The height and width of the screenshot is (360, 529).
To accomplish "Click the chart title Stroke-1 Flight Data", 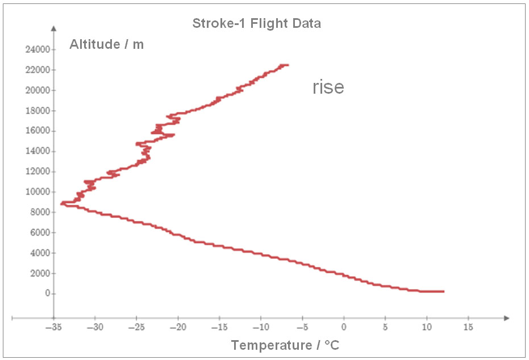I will click(256, 23).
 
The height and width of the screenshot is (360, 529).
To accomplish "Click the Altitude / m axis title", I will click(106, 44).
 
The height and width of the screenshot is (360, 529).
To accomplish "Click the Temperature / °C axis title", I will click(285, 345).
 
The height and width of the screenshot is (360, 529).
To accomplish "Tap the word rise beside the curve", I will click(328, 87).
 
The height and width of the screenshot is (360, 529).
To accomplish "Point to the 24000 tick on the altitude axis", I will click(37, 49).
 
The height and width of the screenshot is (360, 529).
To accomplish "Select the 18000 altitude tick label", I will click(37, 111).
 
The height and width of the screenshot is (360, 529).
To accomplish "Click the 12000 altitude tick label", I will click(37, 171).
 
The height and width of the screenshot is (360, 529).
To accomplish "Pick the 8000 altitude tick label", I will click(39, 212).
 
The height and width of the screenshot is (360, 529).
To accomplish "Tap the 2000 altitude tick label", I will click(39, 273).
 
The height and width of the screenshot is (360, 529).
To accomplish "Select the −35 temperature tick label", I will click(53, 328).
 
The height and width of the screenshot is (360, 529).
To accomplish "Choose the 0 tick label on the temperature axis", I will click(344, 328).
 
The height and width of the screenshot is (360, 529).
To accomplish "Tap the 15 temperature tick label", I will click(468, 328).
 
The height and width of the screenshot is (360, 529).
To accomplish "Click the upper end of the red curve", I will click(288, 65).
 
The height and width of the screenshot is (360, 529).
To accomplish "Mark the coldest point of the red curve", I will click(61, 203).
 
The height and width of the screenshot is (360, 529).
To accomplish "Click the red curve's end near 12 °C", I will click(443, 291).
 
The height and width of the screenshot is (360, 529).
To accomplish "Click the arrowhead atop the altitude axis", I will click(54, 28).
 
